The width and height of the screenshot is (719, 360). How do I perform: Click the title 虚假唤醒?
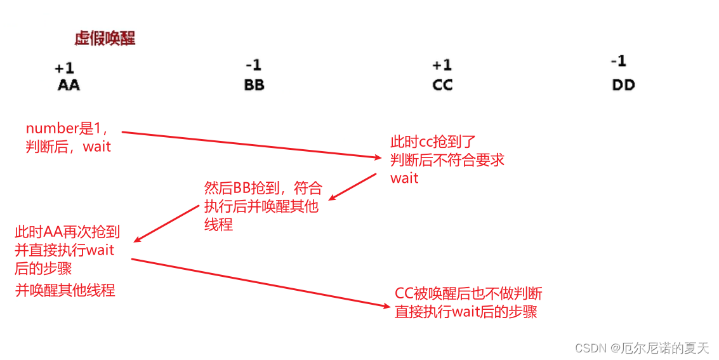click(105, 39)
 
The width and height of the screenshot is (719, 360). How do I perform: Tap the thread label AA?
click(69, 84)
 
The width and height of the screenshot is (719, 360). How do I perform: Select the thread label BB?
click(254, 84)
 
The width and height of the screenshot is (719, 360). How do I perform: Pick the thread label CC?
click(442, 84)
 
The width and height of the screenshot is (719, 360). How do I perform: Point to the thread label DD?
click(623, 84)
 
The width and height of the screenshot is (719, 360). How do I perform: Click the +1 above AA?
click(64, 68)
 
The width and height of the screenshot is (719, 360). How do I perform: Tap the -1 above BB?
click(253, 65)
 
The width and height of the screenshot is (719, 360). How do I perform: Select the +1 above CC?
click(442, 65)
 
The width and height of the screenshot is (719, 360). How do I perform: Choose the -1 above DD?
click(618, 61)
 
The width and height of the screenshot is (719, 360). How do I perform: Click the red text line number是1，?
click(71, 128)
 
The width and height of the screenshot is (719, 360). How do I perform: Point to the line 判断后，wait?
click(68, 147)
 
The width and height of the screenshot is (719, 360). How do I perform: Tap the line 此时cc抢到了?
click(433, 142)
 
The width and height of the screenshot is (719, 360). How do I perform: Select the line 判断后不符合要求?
click(447, 159)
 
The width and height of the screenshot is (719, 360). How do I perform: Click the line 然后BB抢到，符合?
click(263, 188)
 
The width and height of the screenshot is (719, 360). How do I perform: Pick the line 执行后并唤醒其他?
click(261, 206)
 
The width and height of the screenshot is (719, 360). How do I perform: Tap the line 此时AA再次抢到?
click(67, 232)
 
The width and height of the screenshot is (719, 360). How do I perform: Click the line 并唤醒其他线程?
click(65, 290)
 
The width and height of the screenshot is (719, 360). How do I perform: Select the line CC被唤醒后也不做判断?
click(468, 293)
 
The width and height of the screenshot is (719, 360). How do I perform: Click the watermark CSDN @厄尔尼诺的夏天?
click(642, 347)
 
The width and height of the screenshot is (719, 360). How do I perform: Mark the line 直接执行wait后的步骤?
click(466, 312)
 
